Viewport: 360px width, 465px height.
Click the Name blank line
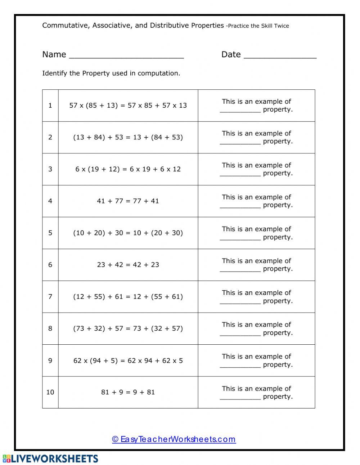click(x=126, y=57)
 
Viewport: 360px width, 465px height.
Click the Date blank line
click(x=280, y=57)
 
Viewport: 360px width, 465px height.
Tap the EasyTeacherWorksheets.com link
click(x=174, y=439)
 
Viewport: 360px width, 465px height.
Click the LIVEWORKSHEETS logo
click(x=50, y=459)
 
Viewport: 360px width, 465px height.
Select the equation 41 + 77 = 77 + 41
click(x=128, y=201)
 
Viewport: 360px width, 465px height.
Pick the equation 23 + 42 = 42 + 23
click(x=128, y=265)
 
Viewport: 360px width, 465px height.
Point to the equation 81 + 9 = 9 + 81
click(x=128, y=392)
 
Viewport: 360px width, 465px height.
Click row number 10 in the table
click(x=50, y=392)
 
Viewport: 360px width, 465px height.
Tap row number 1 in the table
click(x=50, y=106)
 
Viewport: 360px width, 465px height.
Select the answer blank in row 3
click(x=240, y=174)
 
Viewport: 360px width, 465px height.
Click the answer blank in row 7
click(x=240, y=301)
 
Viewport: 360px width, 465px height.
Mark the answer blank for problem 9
click(x=240, y=365)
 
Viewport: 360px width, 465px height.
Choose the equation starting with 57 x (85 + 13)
click(x=128, y=106)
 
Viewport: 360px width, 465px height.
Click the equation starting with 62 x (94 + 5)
click(x=128, y=361)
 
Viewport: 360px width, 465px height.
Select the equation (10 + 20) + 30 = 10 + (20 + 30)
click(x=128, y=233)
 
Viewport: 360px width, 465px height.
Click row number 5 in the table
click(x=50, y=233)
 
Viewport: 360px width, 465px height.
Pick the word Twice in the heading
click(x=281, y=26)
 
